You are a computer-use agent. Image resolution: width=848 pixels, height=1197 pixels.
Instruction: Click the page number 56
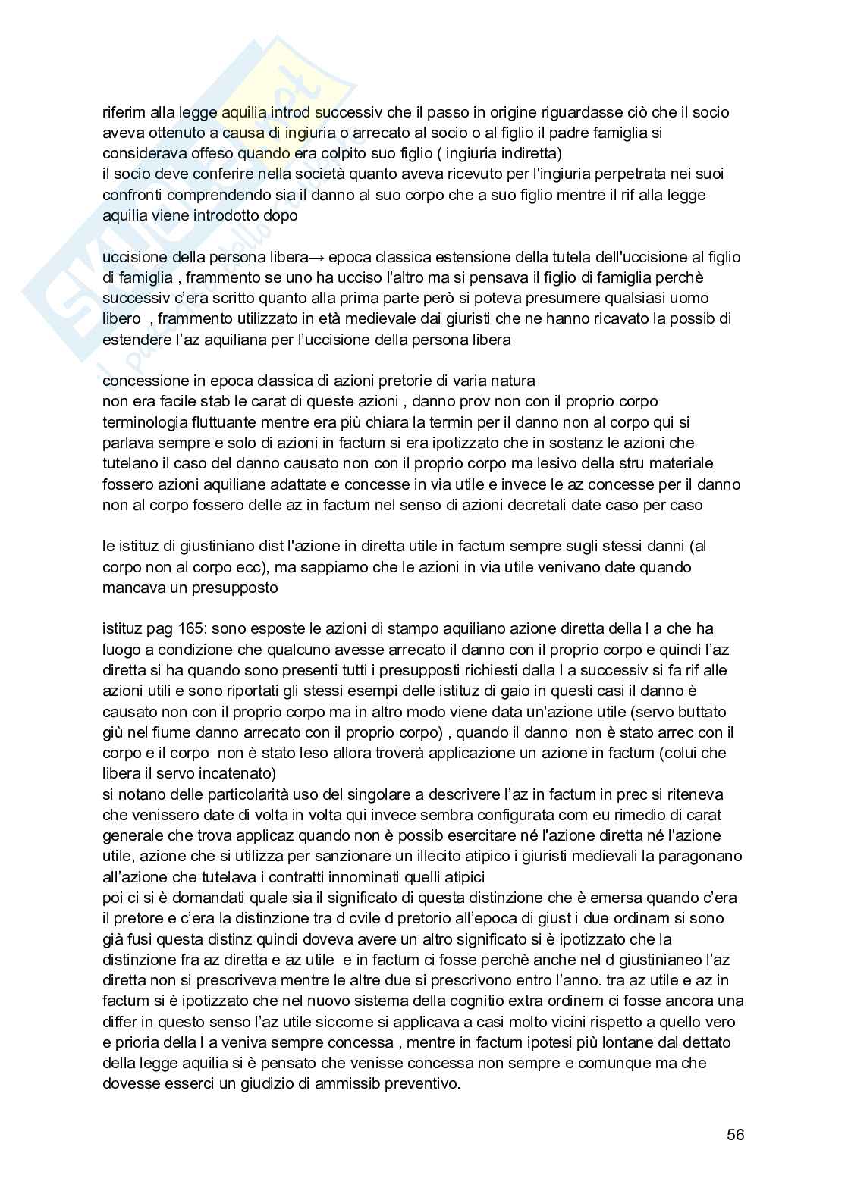coord(735,1135)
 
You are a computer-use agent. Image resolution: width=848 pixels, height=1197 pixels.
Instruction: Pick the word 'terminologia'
coord(142,421)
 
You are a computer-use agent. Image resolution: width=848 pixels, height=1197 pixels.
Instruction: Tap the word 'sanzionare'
coord(342,856)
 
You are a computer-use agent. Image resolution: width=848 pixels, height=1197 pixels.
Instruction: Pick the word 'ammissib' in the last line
coord(328,1083)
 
